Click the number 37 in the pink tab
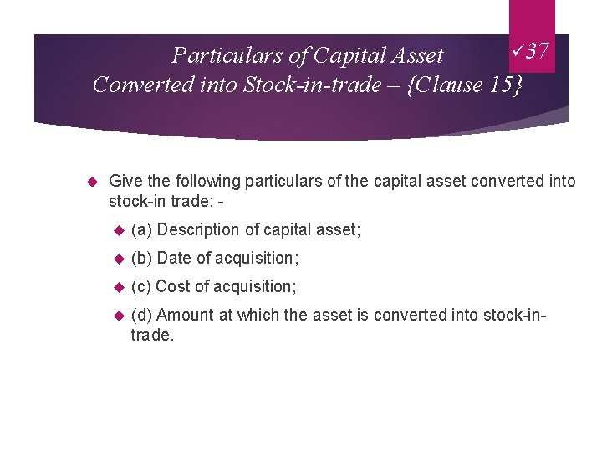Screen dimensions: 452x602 click(x=538, y=52)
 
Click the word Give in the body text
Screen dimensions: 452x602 click(x=125, y=181)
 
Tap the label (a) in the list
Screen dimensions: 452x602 click(x=141, y=229)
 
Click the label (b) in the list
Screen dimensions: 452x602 click(x=141, y=258)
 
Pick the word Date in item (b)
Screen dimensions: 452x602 click(x=171, y=258)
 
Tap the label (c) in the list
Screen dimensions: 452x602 click(x=141, y=286)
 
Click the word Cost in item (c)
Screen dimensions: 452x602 click(x=171, y=286)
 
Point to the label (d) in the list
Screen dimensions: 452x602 click(x=141, y=315)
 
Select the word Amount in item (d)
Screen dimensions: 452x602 click(x=183, y=315)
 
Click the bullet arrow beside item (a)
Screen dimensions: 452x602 click(x=118, y=229)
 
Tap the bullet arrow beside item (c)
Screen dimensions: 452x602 click(x=118, y=286)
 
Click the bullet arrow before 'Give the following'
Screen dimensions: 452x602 click(x=94, y=181)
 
